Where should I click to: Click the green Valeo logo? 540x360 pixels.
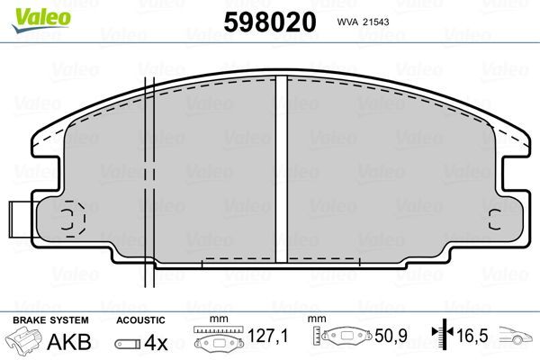pyautogui.click(x=41, y=19)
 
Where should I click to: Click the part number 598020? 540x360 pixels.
pyautogui.click(x=270, y=22)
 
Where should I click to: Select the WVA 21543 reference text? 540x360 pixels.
pyautogui.click(x=363, y=22)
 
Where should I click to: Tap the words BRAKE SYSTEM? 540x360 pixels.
pyautogui.click(x=50, y=320)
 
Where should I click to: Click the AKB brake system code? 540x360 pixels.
pyautogui.click(x=69, y=342)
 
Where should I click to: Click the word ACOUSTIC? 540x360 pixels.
pyautogui.click(x=140, y=320)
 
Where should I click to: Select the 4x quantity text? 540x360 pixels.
pyautogui.click(x=156, y=343)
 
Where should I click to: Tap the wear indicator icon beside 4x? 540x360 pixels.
pyautogui.click(x=128, y=344)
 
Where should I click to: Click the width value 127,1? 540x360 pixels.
pyautogui.click(x=267, y=336)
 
